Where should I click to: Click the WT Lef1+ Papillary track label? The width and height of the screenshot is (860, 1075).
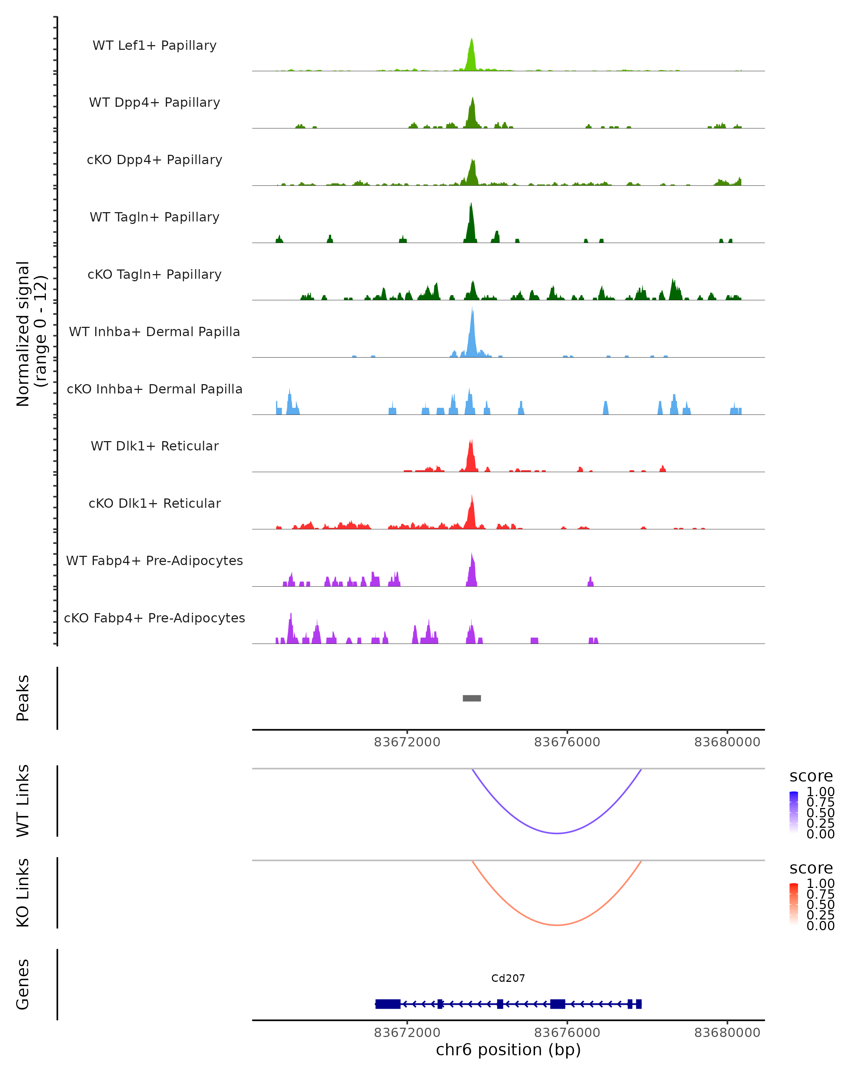tap(154, 46)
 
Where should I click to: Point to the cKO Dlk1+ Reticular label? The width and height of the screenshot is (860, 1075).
tap(154, 503)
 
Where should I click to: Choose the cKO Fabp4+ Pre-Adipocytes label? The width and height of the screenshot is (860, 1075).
tap(154, 618)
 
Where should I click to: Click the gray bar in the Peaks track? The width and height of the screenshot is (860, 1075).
tap(472, 698)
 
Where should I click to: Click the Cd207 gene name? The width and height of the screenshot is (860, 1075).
tap(508, 978)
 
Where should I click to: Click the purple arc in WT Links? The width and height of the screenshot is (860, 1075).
tap(557, 833)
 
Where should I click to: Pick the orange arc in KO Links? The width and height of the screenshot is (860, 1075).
tap(557, 925)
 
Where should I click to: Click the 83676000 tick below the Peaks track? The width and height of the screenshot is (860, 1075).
tap(567, 742)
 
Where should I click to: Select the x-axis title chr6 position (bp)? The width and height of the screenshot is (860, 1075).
tap(508, 1050)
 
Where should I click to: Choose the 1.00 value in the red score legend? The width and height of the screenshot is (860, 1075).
tap(820, 884)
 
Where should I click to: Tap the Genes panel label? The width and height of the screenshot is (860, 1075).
tap(23, 984)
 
